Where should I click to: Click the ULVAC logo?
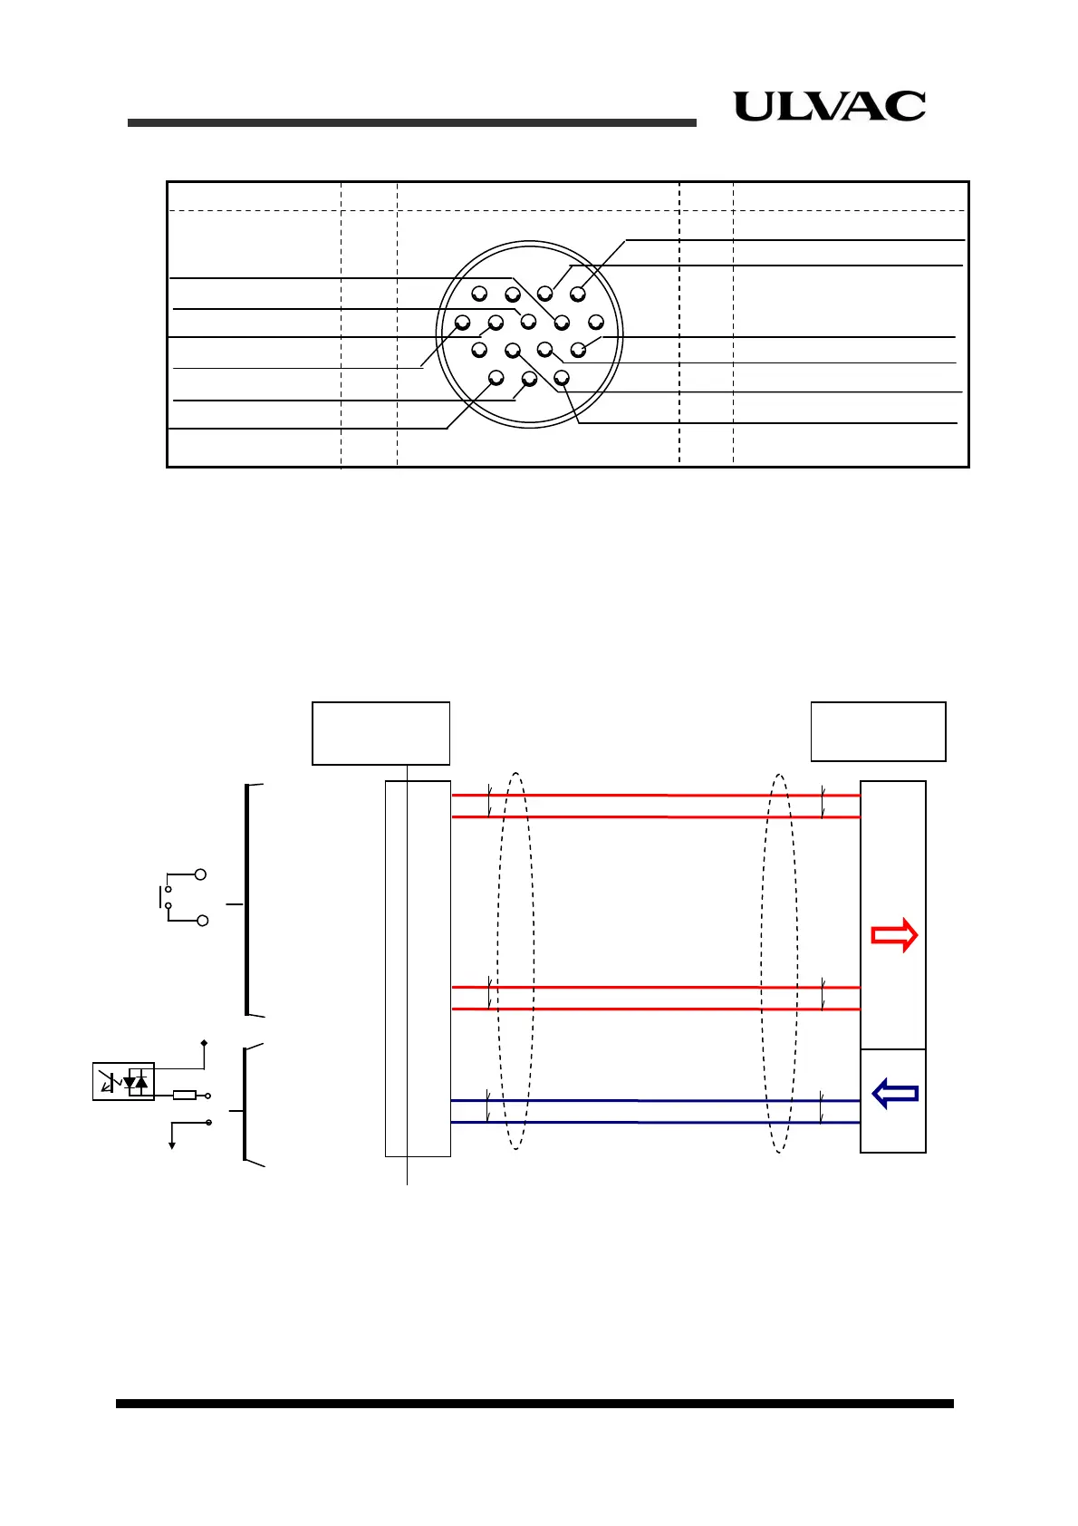click(829, 106)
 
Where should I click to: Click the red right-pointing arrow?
click(894, 934)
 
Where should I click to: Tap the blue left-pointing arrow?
click(895, 1094)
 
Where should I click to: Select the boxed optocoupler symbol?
click(123, 1081)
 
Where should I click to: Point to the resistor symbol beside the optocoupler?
click(185, 1096)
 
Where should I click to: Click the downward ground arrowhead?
click(172, 1146)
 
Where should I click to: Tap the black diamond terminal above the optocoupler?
click(204, 1043)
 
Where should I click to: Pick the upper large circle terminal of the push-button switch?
click(200, 874)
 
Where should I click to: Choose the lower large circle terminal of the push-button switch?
click(202, 921)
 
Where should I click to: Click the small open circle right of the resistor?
click(207, 1096)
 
